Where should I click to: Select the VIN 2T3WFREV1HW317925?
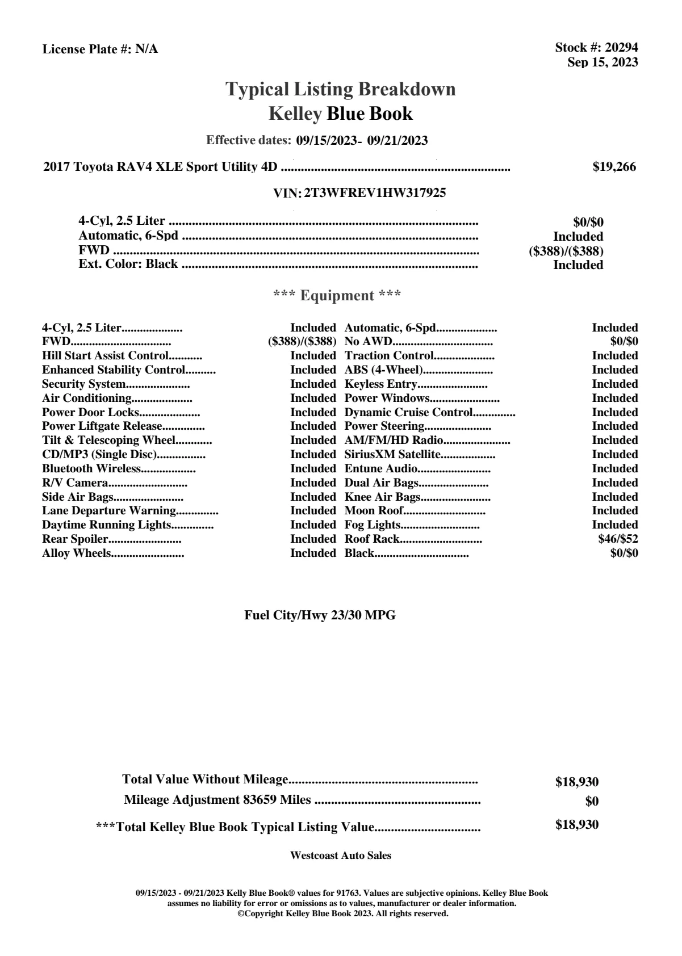point(375,193)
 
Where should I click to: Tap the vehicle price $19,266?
point(614,166)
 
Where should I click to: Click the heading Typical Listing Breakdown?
point(341,89)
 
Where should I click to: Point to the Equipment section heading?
point(337,295)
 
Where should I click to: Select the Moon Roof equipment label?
point(374,510)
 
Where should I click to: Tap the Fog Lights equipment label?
point(373,525)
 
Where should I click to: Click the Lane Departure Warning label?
point(109,510)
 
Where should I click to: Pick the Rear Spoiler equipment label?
point(75,539)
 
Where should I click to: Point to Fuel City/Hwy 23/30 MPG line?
point(320,615)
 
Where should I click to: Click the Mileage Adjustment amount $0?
point(592,802)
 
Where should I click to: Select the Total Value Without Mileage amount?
point(577,782)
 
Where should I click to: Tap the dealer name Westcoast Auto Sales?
point(341,855)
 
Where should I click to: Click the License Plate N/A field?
point(101,49)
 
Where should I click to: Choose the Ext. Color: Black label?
point(128,264)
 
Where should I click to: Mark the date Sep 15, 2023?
point(602,62)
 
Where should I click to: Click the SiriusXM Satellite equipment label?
point(392,454)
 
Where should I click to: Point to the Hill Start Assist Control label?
point(105,355)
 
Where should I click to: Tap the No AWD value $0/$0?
point(624,341)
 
